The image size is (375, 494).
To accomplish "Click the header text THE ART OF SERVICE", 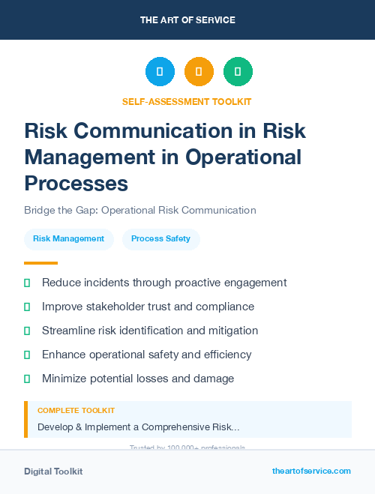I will tap(187, 20).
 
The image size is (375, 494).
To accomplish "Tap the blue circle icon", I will tap(160, 72).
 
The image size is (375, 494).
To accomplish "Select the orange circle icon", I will tap(199, 72).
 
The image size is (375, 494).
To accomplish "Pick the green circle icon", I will tap(238, 72).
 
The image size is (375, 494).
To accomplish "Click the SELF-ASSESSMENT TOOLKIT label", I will tap(187, 101).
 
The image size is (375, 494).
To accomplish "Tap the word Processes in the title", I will tap(76, 183).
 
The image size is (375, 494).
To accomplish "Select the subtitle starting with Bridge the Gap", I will tap(140, 211).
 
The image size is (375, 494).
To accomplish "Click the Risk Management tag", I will tap(68, 239).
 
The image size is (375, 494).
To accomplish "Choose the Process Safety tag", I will tap(160, 239).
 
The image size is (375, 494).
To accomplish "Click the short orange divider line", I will tap(40, 263).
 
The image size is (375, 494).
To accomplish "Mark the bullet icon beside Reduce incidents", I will tap(27, 283).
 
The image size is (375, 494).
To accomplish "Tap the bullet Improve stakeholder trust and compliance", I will tap(148, 307).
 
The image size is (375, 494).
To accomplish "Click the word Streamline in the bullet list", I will tap(70, 331).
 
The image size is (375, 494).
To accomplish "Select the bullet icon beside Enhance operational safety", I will tap(27, 355).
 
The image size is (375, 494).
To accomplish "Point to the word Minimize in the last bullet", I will tap(65, 379).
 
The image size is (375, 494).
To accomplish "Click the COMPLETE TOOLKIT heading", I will tap(76, 411).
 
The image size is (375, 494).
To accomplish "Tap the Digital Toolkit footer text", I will tap(53, 472).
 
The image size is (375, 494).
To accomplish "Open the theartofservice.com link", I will tap(311, 471).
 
